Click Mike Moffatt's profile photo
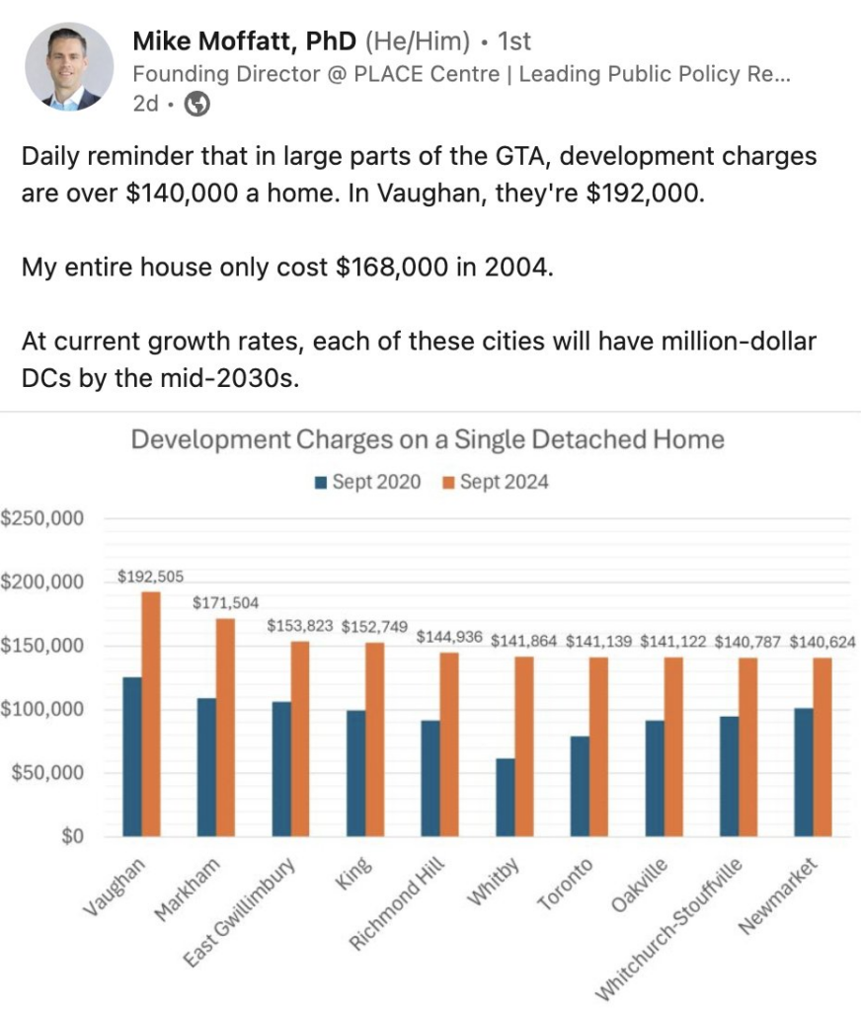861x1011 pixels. click(69, 66)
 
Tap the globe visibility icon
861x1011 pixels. click(197, 104)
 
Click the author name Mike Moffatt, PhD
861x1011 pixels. click(245, 40)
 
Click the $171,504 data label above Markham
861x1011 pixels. click(225, 601)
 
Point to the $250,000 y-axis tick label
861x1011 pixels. click(42, 518)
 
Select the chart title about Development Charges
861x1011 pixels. click(428, 439)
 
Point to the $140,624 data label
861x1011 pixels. click(822, 642)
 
